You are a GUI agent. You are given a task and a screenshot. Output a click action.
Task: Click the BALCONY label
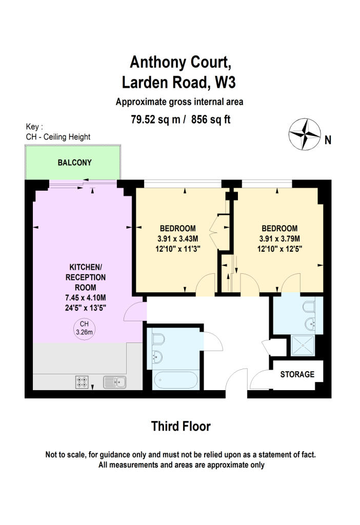pos(74,163)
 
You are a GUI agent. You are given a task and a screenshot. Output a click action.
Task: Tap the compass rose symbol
pos(305,134)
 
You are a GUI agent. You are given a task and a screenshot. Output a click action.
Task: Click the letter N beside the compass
pos(328,140)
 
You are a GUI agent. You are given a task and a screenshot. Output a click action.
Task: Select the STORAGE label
pos(297,374)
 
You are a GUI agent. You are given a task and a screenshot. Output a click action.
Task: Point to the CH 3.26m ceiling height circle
pos(84,328)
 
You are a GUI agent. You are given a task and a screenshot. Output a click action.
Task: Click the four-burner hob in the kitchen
pos(82,382)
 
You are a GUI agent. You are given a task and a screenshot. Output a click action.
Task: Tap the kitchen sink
pos(115,382)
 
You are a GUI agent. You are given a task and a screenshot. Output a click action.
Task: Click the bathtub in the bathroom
pos(176,380)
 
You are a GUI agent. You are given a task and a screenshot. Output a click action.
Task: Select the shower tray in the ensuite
pos(303,345)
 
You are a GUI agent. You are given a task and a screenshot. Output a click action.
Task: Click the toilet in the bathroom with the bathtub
pos(158,340)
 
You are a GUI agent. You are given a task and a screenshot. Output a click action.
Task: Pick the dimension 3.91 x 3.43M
pos(177,239)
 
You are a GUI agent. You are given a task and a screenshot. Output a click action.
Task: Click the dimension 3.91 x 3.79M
pos(279,239)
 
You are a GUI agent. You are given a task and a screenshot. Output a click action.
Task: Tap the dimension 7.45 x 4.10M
pos(86,298)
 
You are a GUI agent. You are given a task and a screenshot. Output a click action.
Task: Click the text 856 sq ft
pos(211,119)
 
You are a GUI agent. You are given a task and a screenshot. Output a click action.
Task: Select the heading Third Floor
pos(181,426)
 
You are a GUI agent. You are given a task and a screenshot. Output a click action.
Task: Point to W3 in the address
pos(225,83)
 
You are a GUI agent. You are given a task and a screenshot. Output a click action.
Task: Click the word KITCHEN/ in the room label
pos(86,267)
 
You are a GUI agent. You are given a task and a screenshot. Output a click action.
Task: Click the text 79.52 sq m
pos(155,119)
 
